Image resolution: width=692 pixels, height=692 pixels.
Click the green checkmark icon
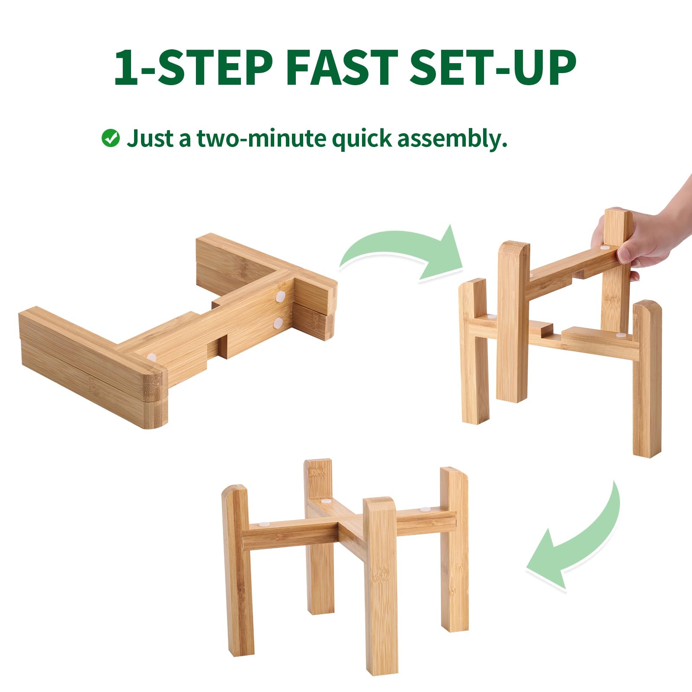click(111, 138)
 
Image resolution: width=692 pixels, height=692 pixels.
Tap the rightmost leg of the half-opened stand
click(647, 378)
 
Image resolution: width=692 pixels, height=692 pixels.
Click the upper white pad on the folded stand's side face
click(281, 297)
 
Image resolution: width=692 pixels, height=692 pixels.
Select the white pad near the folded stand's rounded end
click(151, 357)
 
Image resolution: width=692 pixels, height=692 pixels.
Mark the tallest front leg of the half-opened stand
click(513, 322)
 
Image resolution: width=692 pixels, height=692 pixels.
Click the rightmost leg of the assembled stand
click(454, 549)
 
